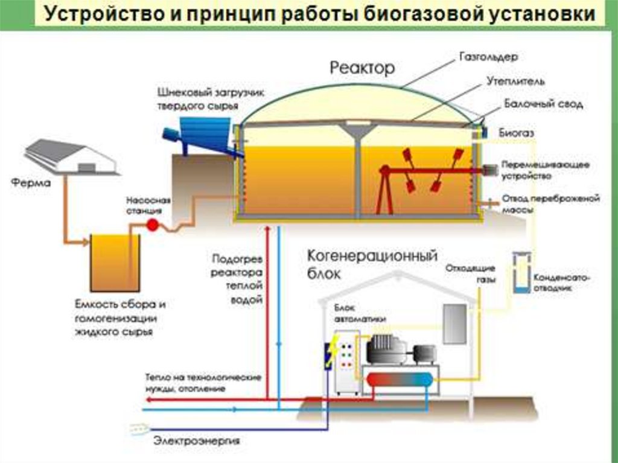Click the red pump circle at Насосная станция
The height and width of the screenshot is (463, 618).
[x=152, y=225]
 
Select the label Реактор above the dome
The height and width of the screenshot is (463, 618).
[x=362, y=67]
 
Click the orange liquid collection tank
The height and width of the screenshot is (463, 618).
[x=115, y=263]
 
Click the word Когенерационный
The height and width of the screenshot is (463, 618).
[x=372, y=256]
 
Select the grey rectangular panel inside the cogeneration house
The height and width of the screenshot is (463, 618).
[x=454, y=324]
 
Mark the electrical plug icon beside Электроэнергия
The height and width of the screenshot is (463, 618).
[x=139, y=430]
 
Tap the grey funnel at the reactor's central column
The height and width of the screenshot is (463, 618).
[x=357, y=131]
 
